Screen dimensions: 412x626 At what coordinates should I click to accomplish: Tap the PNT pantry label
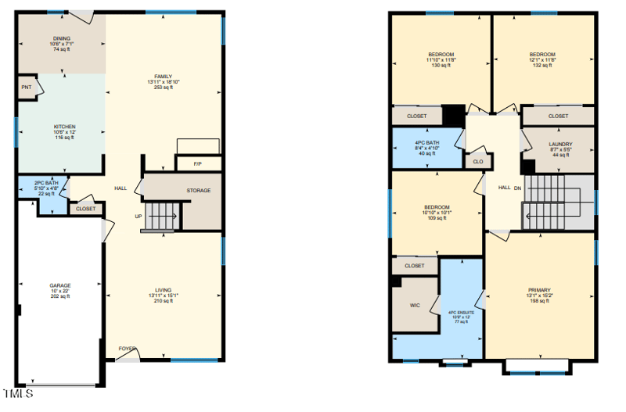[26, 88]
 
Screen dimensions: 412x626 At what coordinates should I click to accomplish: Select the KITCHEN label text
[64, 127]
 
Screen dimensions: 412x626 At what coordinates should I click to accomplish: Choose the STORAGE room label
[198, 191]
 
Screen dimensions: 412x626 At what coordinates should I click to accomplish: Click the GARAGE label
[60, 286]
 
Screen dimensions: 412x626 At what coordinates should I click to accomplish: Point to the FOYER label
[127, 349]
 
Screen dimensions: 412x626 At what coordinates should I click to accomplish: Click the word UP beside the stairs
[139, 217]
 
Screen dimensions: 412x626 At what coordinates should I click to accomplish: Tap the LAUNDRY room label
[559, 145]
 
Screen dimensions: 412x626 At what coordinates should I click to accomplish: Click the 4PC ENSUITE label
[459, 313]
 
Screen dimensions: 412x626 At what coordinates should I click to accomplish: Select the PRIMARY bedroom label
[539, 290]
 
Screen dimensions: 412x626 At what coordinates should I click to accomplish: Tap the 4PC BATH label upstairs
[427, 142]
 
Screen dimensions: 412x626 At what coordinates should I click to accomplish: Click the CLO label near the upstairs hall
[477, 163]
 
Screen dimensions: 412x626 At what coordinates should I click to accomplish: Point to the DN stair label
[518, 188]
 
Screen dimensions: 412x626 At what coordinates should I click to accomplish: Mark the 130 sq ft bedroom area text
[442, 65]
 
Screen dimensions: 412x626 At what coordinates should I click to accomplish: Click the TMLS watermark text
[18, 393]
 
